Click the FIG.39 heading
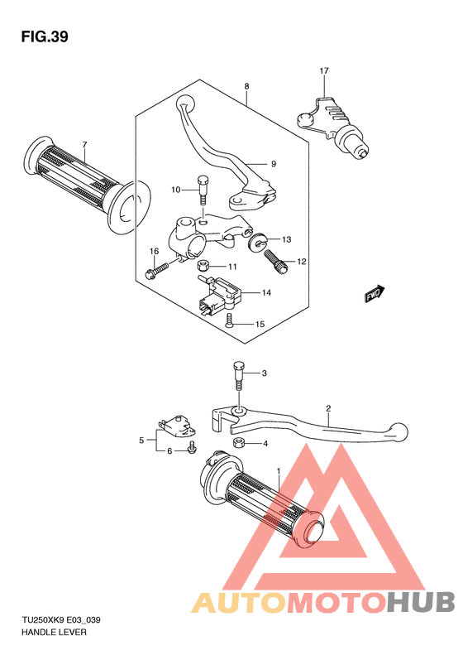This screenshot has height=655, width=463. tap(45, 37)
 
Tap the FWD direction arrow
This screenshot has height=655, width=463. tap(375, 293)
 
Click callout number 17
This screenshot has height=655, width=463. tap(324, 71)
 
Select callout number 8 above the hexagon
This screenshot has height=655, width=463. tap(247, 86)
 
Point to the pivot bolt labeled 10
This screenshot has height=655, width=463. tap(202, 190)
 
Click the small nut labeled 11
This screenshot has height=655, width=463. tap(203, 266)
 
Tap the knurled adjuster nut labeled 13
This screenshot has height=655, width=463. tap(255, 242)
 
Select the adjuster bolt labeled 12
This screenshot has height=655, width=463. tap(275, 261)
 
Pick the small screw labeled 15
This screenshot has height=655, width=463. tap(229, 321)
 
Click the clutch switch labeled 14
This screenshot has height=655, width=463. tap(220, 295)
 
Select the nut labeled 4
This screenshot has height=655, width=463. tap(239, 442)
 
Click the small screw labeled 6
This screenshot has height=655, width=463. tap(193, 447)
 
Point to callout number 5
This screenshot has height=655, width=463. tap(141, 441)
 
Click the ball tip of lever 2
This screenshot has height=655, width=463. tap(399, 431)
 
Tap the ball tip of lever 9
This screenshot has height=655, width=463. tap(186, 103)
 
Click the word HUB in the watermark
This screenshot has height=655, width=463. tap(421, 602)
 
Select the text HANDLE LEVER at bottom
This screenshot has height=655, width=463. tap(54, 633)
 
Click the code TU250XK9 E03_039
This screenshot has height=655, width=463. tap(61, 620)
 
